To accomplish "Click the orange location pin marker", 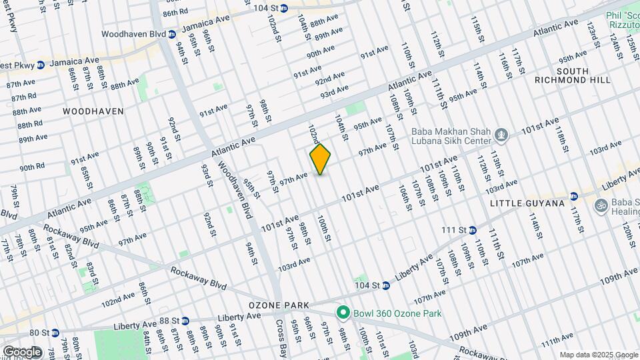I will coord(321,159).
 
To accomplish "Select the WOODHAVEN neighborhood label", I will coord(93,111).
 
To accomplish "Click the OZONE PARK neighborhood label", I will coord(279,305).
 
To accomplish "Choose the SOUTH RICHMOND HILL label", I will coord(563,75).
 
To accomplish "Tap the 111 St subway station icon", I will coord(472,230).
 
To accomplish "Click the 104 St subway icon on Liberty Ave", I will coord(385,285).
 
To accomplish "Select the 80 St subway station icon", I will coord(55,332).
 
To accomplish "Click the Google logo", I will coord(21,352).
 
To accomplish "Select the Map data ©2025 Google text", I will coord(597,355).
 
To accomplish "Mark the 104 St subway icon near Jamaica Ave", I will coord(283,8).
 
